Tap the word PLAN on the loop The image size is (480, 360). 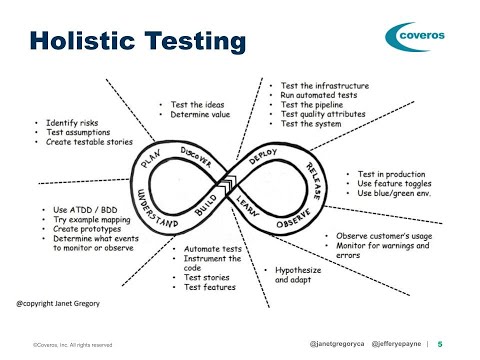pos(151,158)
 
